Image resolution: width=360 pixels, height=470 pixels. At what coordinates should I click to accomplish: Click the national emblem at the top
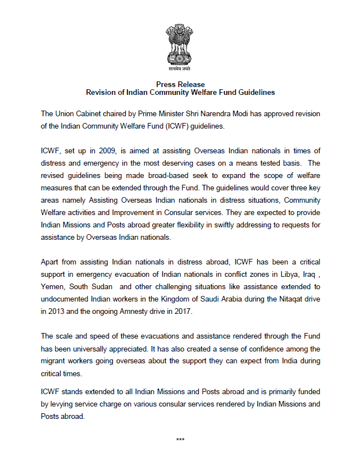pyautogui.click(x=180, y=47)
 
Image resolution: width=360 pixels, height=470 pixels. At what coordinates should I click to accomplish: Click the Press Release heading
pyautogui.click(x=180, y=84)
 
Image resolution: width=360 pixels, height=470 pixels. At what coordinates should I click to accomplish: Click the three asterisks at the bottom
pyautogui.click(x=180, y=439)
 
